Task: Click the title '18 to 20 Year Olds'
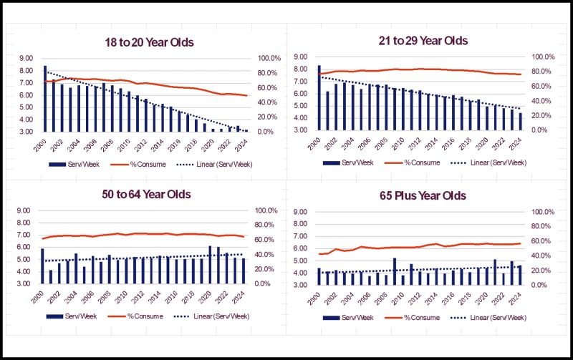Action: pyautogui.click(x=149, y=42)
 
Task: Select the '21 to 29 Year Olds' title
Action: pyautogui.click(x=423, y=41)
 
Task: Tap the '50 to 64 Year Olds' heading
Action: pyautogui.click(x=146, y=194)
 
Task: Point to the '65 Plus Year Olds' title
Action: pyautogui.click(x=423, y=195)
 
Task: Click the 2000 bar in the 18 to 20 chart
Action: pyautogui.click(x=45, y=99)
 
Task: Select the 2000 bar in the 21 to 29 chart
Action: pyautogui.click(x=319, y=97)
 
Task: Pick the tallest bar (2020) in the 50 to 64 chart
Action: pyautogui.click(x=210, y=265)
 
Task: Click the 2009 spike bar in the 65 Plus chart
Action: pyautogui.click(x=395, y=271)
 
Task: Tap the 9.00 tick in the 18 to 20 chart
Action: pyautogui.click(x=26, y=58)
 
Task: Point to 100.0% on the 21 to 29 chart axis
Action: pyautogui.click(x=543, y=57)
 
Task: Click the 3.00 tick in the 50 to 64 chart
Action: pyautogui.click(x=23, y=283)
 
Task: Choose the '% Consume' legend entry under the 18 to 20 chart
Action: pyautogui.click(x=138, y=165)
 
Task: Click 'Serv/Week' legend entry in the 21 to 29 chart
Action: pyautogui.click(x=348, y=163)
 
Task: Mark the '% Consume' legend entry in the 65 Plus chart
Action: pyautogui.click(x=413, y=318)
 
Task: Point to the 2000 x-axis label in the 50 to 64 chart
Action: pyautogui.click(x=37, y=298)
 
